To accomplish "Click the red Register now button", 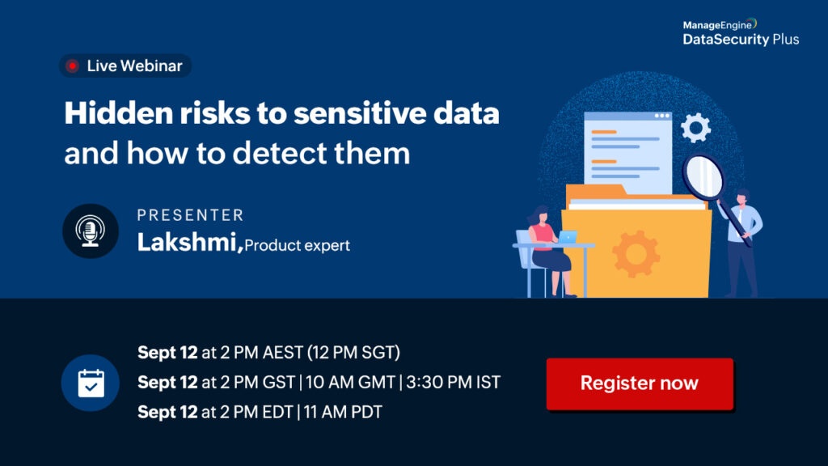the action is pos(640,383).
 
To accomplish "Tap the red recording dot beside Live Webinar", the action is pos(72,66).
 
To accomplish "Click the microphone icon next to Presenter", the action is pos(91,231).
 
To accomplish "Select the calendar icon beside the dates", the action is pos(91,383).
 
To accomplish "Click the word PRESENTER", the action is pos(190,215).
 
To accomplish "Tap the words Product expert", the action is pos(298,246).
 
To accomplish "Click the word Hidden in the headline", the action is pos(119,113).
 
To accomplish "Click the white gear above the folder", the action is pos(695,128).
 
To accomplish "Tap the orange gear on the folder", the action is pos(636,253).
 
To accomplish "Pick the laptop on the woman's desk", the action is pos(568,237).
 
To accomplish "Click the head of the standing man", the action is pos(742,197).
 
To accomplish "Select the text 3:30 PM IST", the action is pos(453,382).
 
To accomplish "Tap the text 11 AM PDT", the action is pos(343,412).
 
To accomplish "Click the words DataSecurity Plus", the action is pos(741,40).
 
